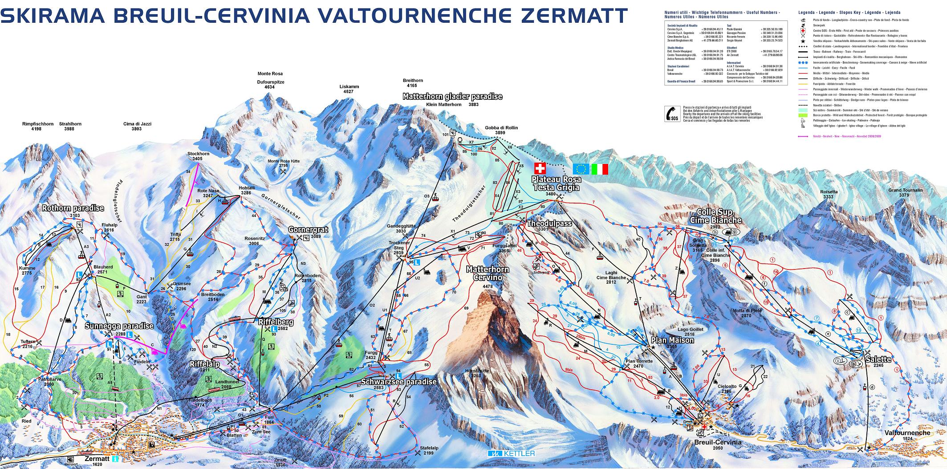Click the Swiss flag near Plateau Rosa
pyautogui.click(x=539, y=168)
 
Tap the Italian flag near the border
pyautogui.click(x=600, y=169)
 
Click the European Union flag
pyautogui.click(x=581, y=169)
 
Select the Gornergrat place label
pyautogui.click(x=308, y=230)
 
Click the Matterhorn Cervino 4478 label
pyautogui.click(x=484, y=273)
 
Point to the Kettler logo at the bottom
pyautogui.click(x=511, y=453)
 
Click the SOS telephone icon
pyautogui.click(x=672, y=114)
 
